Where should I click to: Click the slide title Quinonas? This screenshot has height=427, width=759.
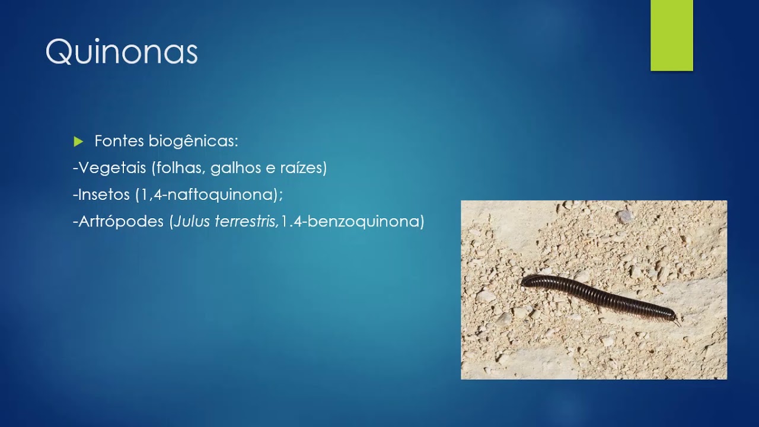point(122,52)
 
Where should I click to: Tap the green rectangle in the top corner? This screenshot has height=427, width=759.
point(671,36)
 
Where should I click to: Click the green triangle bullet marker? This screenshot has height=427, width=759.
point(78,142)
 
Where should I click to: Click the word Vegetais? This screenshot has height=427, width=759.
point(112,168)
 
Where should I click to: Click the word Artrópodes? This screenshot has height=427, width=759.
point(122,222)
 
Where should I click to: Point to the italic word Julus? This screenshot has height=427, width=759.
point(187,222)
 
